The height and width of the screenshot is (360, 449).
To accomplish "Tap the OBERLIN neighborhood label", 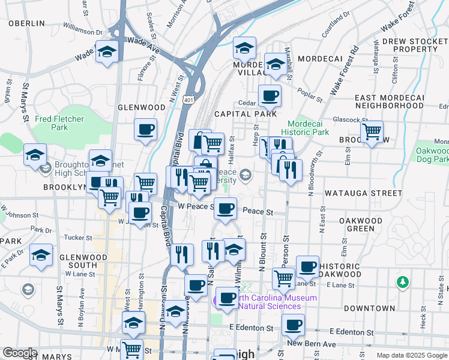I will (26, 23).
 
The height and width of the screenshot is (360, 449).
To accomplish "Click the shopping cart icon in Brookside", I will (372, 131).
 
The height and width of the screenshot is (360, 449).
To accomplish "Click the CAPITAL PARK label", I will (246, 113).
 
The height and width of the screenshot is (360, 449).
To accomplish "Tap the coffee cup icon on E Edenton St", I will (293, 326).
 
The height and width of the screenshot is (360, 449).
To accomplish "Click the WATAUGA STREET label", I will (363, 194).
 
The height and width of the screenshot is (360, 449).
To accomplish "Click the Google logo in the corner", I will (20, 353).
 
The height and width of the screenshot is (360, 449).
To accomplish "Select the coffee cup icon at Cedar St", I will (270, 95).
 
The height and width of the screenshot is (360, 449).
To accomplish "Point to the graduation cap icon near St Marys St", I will (35, 155).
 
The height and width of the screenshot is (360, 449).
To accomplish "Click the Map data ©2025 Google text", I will (411, 355).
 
